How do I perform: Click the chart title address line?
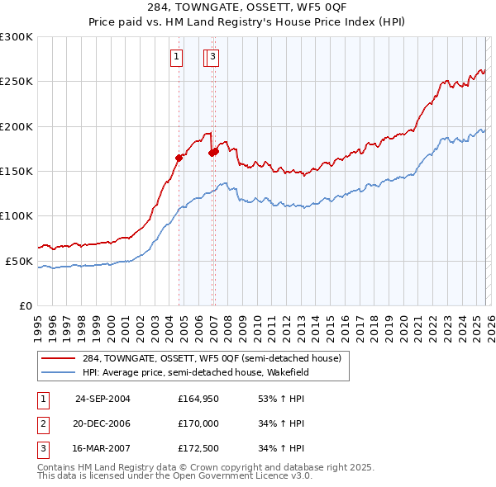tap(247, 8)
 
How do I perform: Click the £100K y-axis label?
tap(17, 215)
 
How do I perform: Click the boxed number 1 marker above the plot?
tap(177, 57)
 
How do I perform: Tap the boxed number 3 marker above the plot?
tap(213, 57)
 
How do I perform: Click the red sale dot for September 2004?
tap(179, 158)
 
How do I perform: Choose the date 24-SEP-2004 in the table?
tap(103, 398)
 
